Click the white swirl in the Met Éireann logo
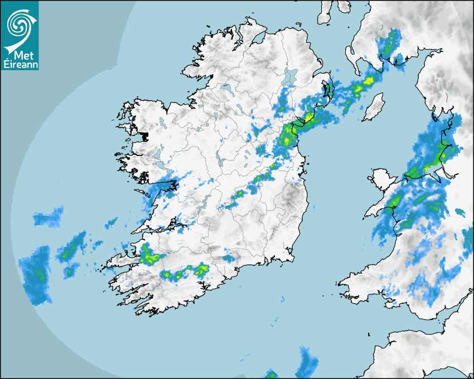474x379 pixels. coord(18,24)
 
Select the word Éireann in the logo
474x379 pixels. coord(20,64)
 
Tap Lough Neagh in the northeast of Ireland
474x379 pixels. coord(289,76)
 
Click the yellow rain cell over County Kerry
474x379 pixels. coord(148,255)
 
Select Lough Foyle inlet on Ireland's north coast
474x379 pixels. coord(257,39)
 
